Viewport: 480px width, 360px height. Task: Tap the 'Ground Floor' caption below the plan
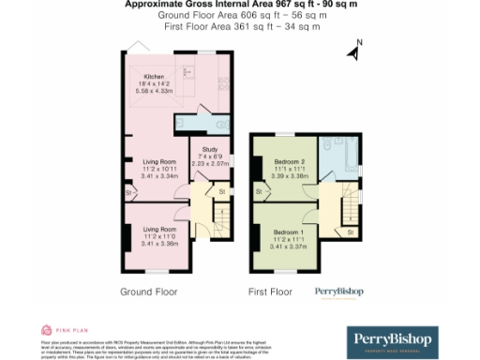point(148,292)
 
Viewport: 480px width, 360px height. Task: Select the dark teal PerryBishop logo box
point(405,340)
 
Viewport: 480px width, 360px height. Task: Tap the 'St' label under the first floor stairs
point(350,231)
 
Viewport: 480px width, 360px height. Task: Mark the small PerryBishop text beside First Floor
point(337,291)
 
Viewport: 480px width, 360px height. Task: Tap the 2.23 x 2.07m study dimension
point(210,163)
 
